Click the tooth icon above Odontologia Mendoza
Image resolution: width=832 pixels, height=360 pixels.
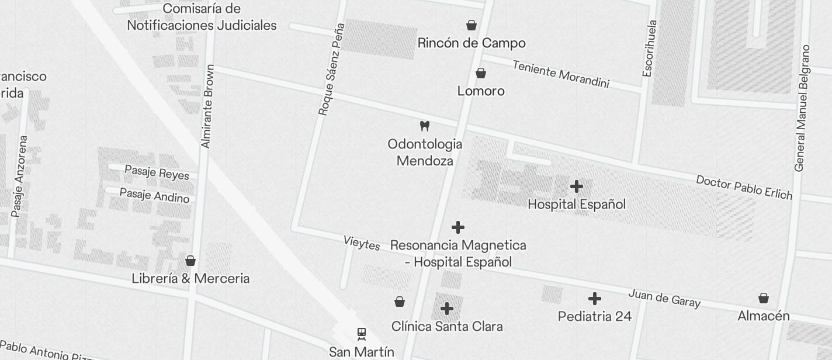pyautogui.click(x=425, y=126)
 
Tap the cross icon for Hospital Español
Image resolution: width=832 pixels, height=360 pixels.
pyautogui.click(x=577, y=186)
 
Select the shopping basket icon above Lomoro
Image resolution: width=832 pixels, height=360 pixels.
pyautogui.click(x=481, y=73)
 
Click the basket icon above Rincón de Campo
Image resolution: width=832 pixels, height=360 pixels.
pyautogui.click(x=472, y=25)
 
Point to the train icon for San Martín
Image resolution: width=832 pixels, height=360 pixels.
pyautogui.click(x=362, y=334)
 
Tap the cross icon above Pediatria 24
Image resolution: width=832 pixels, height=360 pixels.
pyautogui.click(x=595, y=299)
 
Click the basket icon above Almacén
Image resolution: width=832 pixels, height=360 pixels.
pyautogui.click(x=764, y=298)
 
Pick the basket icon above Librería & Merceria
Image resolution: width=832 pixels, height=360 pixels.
pyautogui.click(x=190, y=261)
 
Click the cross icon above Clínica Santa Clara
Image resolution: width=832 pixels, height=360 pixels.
pyautogui.click(x=447, y=308)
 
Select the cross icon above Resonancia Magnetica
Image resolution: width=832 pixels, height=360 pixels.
pyautogui.click(x=458, y=227)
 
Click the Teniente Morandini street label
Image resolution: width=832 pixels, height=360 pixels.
pyautogui.click(x=561, y=74)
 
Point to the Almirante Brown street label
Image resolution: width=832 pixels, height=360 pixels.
pyautogui.click(x=207, y=106)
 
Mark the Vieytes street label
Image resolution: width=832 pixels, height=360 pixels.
pyautogui.click(x=362, y=243)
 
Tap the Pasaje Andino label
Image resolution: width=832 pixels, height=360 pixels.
pyautogui.click(x=154, y=195)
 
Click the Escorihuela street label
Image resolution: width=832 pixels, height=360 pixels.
pyautogui.click(x=649, y=49)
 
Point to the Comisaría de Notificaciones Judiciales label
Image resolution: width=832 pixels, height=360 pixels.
pyautogui.click(x=202, y=17)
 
